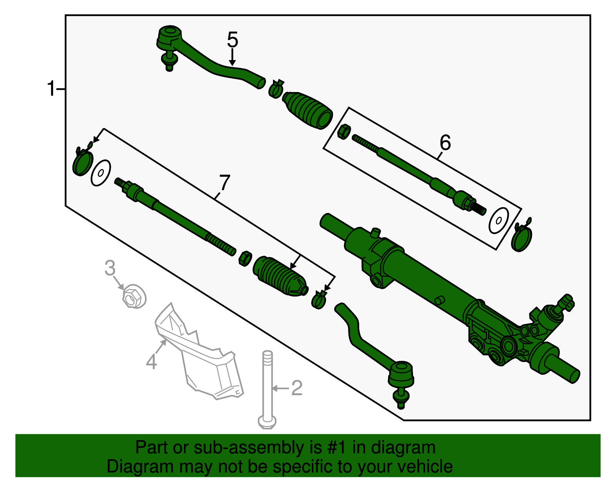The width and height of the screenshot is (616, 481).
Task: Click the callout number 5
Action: pos(233,40)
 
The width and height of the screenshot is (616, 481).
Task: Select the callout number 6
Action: pos(445,143)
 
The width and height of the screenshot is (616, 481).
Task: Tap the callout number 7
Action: pos(224,183)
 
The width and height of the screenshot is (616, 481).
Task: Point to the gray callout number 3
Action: pos(110,268)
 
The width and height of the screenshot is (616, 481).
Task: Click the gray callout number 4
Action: pos(152,362)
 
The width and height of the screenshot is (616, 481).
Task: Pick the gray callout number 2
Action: pos(297,388)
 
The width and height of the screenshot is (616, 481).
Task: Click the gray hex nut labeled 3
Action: pos(134,297)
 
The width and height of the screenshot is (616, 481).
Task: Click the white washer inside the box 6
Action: pos(499,221)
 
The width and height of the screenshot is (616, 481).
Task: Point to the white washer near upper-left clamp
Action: pos(101,173)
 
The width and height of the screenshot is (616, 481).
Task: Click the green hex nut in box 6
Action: pos(343,132)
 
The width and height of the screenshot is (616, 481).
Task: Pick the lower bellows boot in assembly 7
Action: pos(280,277)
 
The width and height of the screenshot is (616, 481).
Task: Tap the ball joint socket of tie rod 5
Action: pos(169,37)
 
